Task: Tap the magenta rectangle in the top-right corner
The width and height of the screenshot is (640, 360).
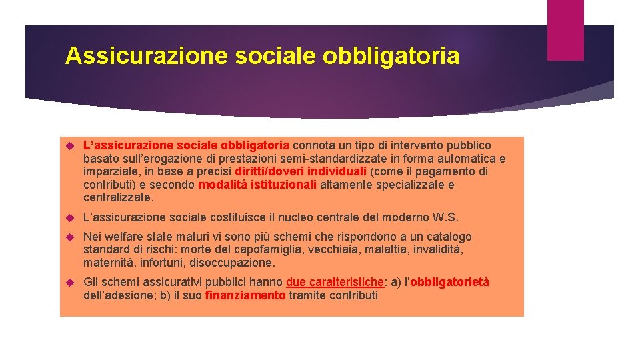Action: point(565,30)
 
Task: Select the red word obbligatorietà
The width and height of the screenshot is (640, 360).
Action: point(449,282)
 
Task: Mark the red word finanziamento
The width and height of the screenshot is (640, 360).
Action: point(245,295)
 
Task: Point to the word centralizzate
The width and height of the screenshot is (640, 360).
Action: point(118,198)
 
